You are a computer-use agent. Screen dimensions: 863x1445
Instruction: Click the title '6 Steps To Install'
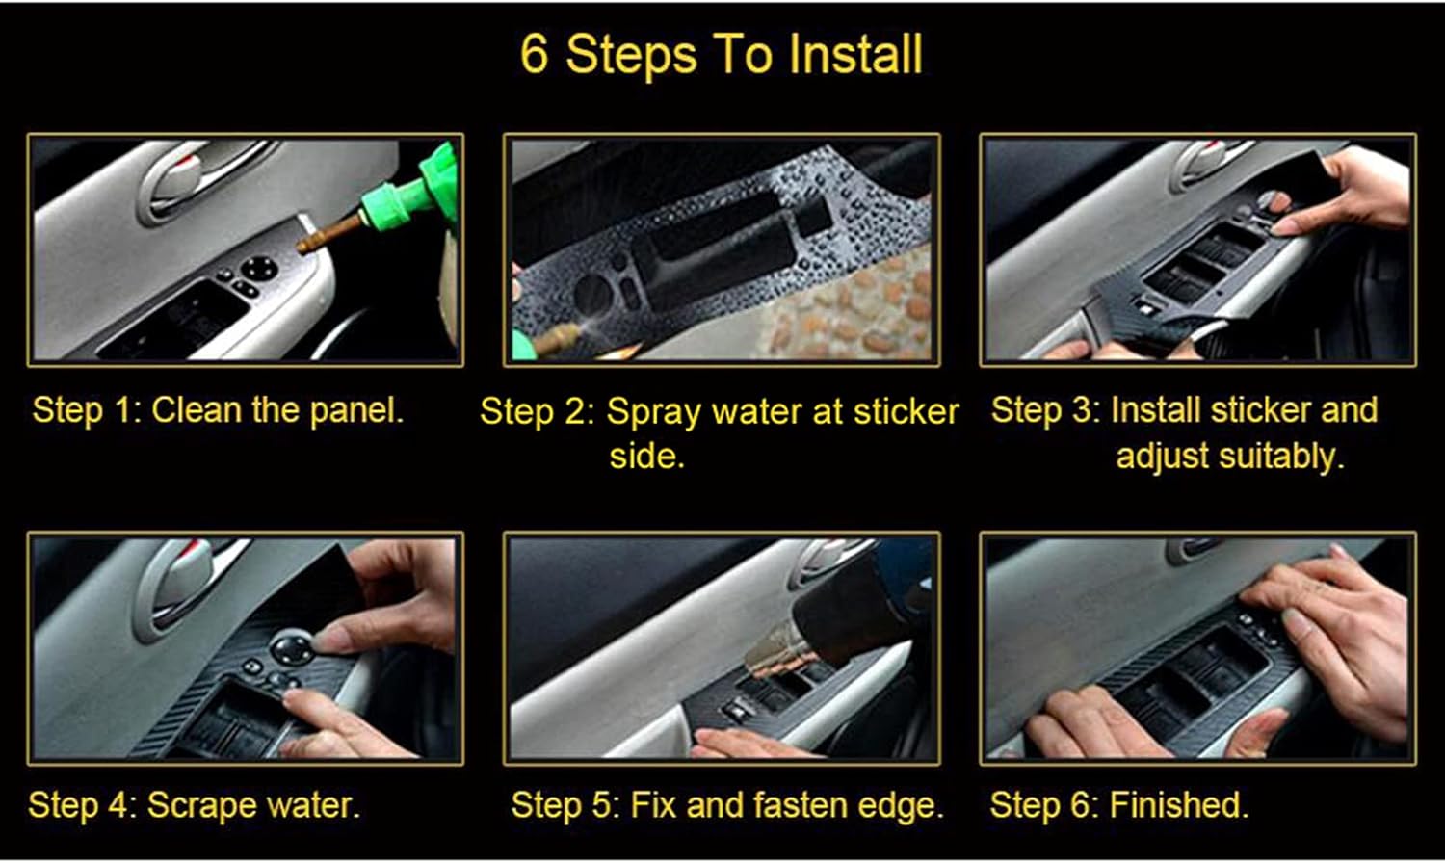click(x=722, y=54)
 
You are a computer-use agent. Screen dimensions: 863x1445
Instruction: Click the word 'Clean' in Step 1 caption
click(x=197, y=410)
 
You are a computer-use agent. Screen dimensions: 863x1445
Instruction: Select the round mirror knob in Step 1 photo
click(x=258, y=267)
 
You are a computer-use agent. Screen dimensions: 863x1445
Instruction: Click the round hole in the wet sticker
click(x=592, y=291)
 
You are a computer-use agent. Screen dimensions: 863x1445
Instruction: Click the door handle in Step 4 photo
click(x=183, y=578)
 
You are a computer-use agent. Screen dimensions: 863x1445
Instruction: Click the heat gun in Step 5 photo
click(x=848, y=607)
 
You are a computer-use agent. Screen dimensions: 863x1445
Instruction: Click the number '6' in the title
click(x=534, y=54)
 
